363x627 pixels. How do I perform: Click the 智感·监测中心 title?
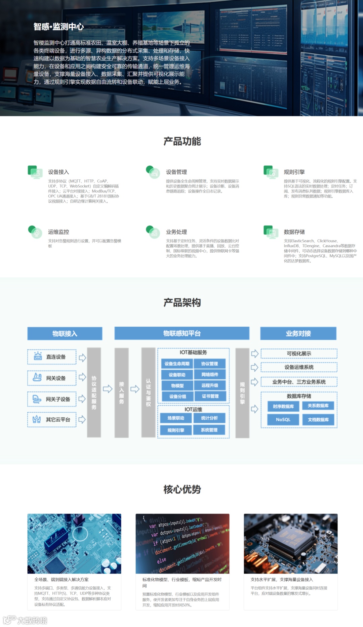point(59,27)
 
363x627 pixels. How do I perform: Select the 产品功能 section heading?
point(182,141)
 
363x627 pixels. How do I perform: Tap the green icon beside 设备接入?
point(35,172)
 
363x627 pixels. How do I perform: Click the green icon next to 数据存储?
point(271,232)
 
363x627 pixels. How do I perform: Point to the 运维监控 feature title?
point(58,232)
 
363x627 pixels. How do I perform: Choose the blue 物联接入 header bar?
point(65,334)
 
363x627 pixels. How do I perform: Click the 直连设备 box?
point(52,357)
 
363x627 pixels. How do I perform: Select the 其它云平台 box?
point(52,420)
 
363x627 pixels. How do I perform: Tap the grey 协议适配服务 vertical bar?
point(94,392)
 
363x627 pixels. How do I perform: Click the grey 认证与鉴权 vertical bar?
point(148,392)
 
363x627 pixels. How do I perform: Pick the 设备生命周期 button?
point(177,364)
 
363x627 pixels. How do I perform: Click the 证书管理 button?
point(210,396)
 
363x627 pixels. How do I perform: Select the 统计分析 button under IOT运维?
point(209,418)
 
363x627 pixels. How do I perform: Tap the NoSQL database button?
point(283,420)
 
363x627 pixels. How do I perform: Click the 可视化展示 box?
point(299,353)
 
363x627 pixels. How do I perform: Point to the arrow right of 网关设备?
point(82,377)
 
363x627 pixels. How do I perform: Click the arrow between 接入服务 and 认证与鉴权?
point(135,389)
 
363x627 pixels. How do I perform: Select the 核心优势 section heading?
point(182,489)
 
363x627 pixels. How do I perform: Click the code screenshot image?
point(183,543)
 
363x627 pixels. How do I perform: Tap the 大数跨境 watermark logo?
point(25,620)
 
